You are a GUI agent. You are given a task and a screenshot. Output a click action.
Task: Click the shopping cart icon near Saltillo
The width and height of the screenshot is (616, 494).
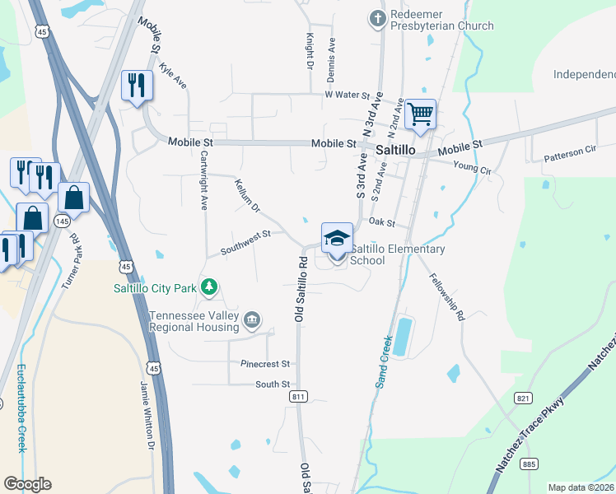click(420, 114)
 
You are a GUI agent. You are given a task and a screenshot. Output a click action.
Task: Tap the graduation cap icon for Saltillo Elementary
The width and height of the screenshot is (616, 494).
click(337, 238)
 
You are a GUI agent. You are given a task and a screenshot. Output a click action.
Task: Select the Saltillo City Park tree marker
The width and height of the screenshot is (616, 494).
click(211, 287)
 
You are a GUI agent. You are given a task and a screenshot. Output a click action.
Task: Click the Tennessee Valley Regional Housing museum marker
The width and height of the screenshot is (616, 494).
click(252, 319)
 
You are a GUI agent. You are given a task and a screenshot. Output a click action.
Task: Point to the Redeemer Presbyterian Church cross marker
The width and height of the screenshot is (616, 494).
click(378, 17)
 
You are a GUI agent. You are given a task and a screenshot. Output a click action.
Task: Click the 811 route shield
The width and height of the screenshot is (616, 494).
click(299, 397)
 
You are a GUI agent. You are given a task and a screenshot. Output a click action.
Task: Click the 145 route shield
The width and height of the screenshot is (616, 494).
click(63, 221)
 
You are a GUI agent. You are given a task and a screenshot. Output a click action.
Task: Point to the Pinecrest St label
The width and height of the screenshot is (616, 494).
click(266, 363)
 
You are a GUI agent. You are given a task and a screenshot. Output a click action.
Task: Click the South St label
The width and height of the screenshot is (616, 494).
click(273, 384)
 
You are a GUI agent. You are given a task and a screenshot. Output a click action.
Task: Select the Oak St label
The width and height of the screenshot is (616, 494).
click(383, 222)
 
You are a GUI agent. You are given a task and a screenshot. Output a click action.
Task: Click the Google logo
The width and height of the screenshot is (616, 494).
click(27, 484)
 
